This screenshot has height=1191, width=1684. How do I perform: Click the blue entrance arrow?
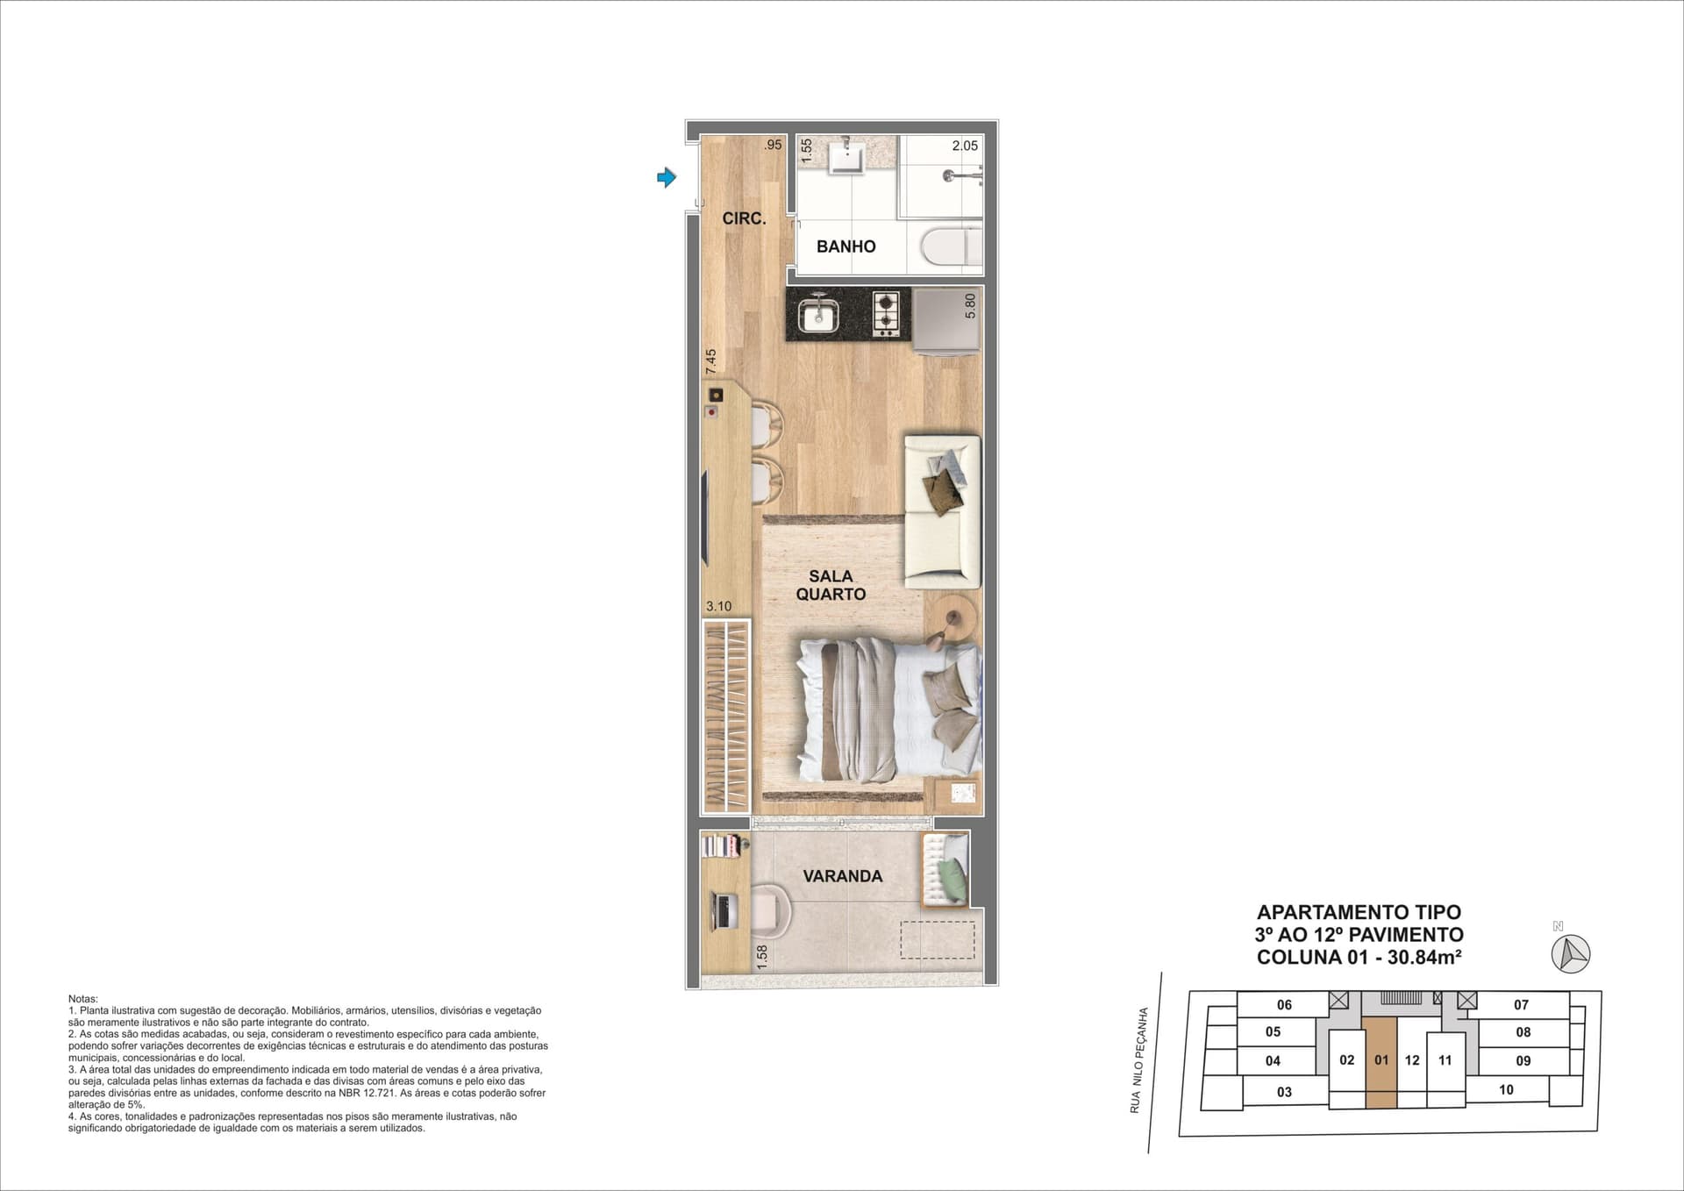point(667,178)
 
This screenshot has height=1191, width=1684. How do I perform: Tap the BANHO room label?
point(846,246)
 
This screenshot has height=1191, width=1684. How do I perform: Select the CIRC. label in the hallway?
point(744,218)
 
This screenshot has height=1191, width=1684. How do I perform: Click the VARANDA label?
point(843,876)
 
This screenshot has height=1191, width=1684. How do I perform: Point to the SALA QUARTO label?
point(831,585)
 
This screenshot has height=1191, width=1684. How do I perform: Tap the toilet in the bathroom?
point(953,245)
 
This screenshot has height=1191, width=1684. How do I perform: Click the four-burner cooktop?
point(886,314)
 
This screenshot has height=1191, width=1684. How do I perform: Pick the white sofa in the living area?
point(942,511)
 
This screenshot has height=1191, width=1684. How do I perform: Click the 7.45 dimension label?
point(710,361)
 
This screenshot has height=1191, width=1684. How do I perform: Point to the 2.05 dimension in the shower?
point(965,146)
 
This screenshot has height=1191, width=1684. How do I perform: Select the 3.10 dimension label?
point(718,606)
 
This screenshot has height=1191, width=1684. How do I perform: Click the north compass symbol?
point(1571,953)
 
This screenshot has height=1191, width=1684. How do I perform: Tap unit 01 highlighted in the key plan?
point(1381,1061)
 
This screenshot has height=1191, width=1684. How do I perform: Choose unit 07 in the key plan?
point(1521,1005)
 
